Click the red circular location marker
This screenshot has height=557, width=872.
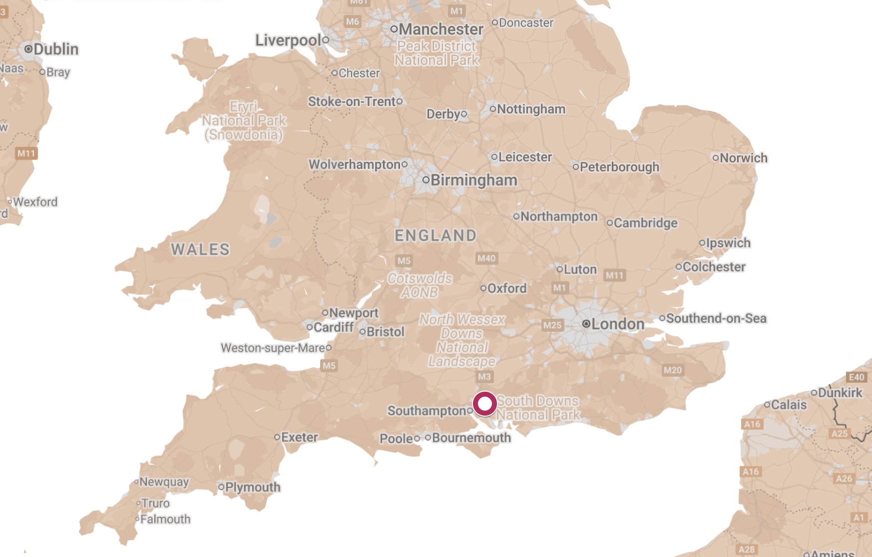pos(484,404)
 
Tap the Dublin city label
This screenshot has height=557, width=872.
pos(56,49)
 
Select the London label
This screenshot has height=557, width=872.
pos(617,324)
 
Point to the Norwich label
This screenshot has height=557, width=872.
pos(743,158)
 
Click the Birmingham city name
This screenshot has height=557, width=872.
pos(473,180)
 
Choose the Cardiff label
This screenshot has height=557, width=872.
pos(333,327)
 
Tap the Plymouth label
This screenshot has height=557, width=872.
pos(253,487)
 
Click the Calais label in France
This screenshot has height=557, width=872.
pos(789,405)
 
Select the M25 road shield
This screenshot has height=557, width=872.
pos(552,325)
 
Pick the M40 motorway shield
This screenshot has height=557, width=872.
pos(486,258)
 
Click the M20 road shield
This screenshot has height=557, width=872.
pos(672,370)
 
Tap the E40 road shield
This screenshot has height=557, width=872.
pos(856,377)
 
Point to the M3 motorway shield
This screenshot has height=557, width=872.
pos(484,377)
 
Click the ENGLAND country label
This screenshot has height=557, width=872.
pos(436,235)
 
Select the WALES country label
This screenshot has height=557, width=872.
pos(200,249)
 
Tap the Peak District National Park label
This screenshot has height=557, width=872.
pos(437,53)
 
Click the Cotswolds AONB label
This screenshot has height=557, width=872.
pos(420,285)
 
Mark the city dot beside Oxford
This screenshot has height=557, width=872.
pos(483,288)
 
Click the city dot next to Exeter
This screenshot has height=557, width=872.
pos(277,437)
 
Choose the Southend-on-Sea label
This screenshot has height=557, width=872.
pos(716,318)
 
